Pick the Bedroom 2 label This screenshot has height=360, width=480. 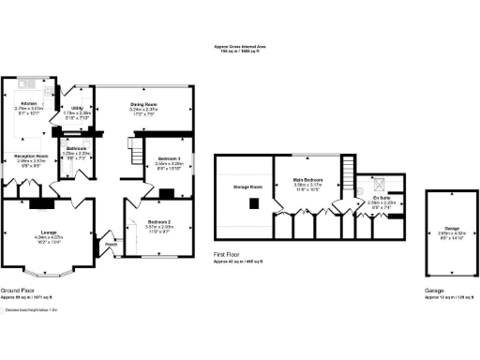[157, 221]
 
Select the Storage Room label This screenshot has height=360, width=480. [246, 187]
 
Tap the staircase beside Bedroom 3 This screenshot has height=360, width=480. [137, 150]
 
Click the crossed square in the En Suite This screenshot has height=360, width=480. [379, 181]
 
